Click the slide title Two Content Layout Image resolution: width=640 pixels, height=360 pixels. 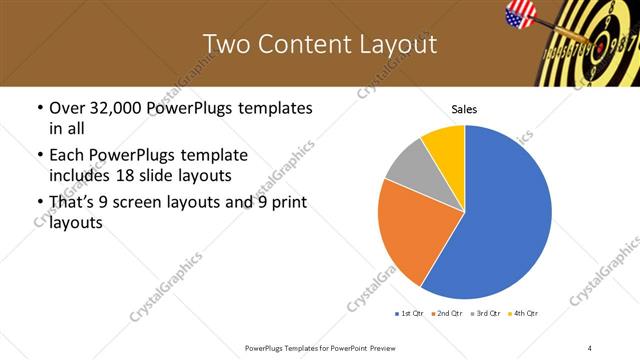[320, 44]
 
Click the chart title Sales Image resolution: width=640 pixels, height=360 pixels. [465, 109]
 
